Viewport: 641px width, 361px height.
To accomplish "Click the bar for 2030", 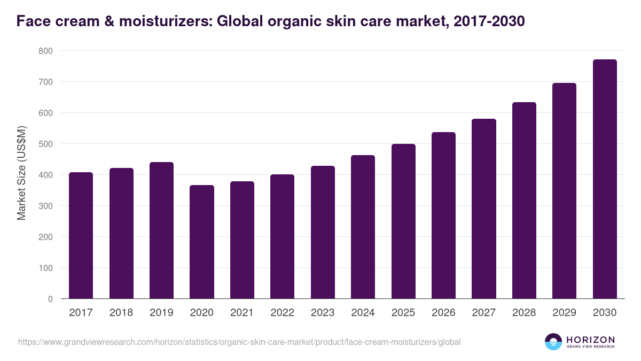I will pyautogui.click(x=605, y=179).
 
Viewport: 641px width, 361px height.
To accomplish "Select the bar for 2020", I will pyautogui.click(x=202, y=242).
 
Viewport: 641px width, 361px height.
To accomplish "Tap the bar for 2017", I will pyautogui.click(x=81, y=235).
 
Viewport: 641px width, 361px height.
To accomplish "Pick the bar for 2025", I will pyautogui.click(x=403, y=221).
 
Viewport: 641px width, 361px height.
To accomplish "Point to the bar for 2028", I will pyautogui.click(x=524, y=201).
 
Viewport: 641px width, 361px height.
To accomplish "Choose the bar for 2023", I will pyautogui.click(x=323, y=232).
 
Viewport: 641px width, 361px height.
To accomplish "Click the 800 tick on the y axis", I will pyautogui.click(x=45, y=51).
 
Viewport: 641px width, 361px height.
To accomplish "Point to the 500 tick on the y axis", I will pyautogui.click(x=45, y=144).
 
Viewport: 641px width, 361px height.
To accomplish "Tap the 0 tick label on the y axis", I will pyautogui.click(x=50, y=299).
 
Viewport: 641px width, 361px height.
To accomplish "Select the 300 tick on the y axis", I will pyautogui.click(x=45, y=206).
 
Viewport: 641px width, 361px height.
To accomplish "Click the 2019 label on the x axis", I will pyautogui.click(x=161, y=313).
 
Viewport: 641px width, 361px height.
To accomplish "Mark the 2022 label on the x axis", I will pyautogui.click(x=282, y=313).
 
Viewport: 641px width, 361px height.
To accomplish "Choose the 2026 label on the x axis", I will pyautogui.click(x=443, y=313).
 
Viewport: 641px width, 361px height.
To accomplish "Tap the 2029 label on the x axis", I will pyautogui.click(x=564, y=313).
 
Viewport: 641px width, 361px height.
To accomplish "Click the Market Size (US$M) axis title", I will pyautogui.click(x=21, y=174).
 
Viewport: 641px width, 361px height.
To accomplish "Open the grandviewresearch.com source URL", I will pyautogui.click(x=239, y=342).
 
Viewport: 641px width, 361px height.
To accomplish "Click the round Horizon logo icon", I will pyautogui.click(x=553, y=342).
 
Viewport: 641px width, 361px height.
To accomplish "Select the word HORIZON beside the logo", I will pyautogui.click(x=590, y=340).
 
